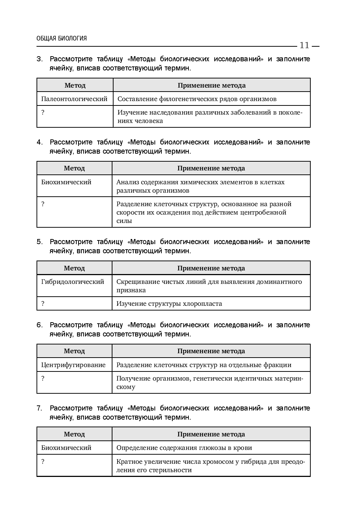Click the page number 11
[304, 45]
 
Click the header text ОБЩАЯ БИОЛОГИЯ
[62, 38]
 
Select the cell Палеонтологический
[74, 99]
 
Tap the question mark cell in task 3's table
[43, 112]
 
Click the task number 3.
[39, 59]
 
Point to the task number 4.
[39, 142]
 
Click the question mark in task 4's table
[43, 204]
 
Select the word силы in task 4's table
[124, 221]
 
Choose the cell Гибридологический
[73, 282]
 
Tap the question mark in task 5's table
[43, 304]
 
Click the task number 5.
[39, 242]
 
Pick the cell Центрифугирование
[73, 365]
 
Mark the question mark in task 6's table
[43, 378]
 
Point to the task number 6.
[39, 325]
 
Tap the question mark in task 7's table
[43, 462]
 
